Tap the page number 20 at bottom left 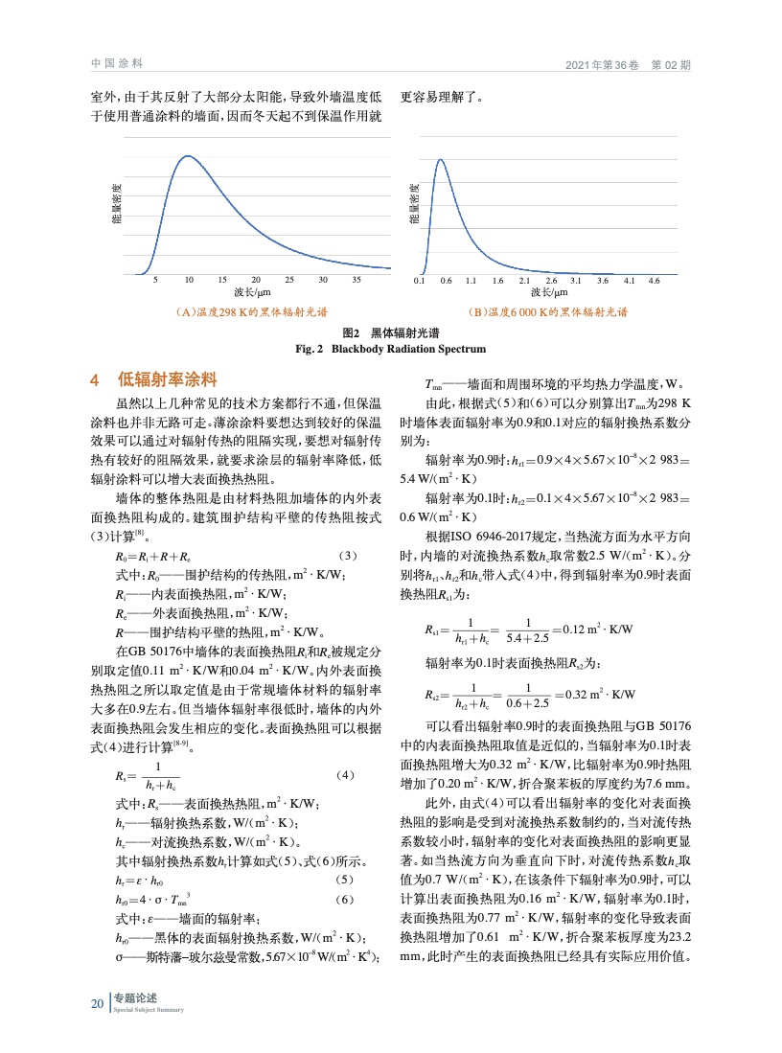[x=97, y=1004]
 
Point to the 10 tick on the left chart [x=190, y=280]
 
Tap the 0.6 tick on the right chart [x=446, y=281]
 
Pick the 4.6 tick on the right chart [x=655, y=281]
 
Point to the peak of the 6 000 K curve [x=441, y=160]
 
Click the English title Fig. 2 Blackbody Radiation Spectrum [x=390, y=349]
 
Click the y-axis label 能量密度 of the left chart [x=117, y=204]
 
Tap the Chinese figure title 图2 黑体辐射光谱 [x=391, y=333]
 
